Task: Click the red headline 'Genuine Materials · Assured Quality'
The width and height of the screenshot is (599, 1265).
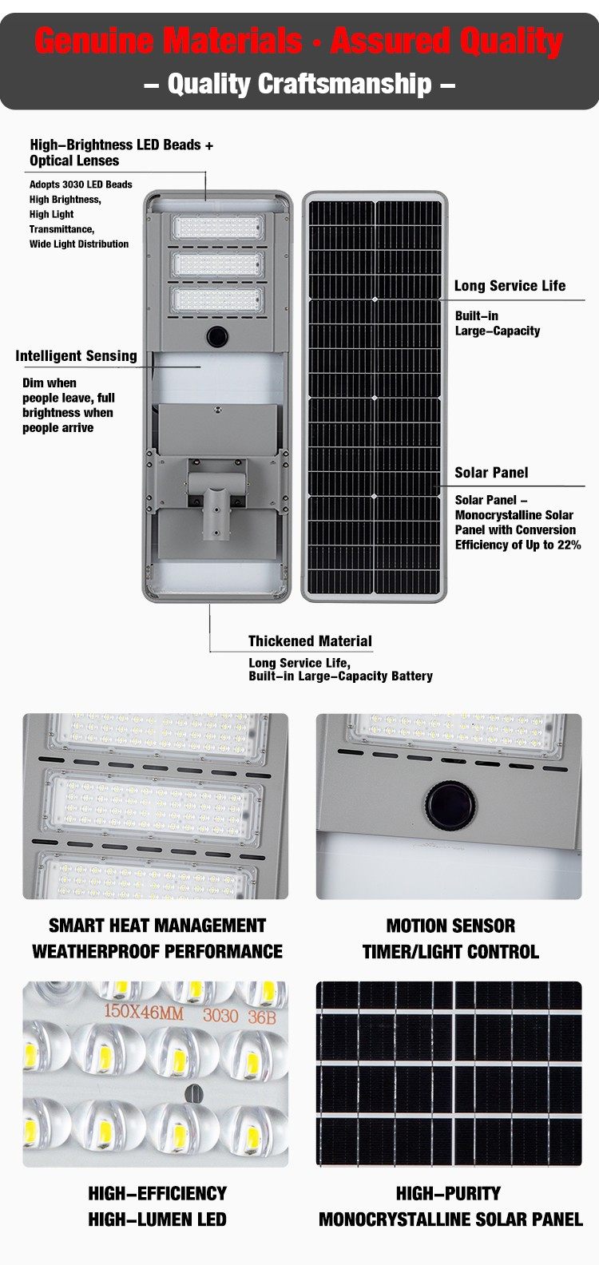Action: (x=299, y=42)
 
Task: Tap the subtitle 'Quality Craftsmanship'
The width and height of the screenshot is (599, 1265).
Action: (x=299, y=84)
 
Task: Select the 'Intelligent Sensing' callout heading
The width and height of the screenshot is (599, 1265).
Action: (x=76, y=356)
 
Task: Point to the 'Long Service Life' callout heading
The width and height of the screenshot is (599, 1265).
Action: (x=510, y=286)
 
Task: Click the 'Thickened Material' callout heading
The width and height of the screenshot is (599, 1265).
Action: (x=310, y=641)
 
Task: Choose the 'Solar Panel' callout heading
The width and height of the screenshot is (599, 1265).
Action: (x=491, y=473)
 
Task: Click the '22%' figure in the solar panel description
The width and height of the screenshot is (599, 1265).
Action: (x=569, y=545)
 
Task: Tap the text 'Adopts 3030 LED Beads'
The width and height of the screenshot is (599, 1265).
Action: (x=81, y=184)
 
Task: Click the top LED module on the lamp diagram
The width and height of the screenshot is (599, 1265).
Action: (x=218, y=228)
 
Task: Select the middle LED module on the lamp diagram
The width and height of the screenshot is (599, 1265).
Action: (x=218, y=264)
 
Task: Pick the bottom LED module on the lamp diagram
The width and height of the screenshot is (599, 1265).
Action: (x=218, y=299)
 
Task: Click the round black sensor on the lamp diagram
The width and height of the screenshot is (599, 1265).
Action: (x=217, y=336)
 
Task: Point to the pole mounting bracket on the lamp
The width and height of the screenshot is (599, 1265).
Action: (x=217, y=497)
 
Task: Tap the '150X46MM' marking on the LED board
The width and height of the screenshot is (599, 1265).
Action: (x=144, y=1012)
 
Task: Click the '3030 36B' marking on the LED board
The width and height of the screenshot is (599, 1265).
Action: (x=240, y=1015)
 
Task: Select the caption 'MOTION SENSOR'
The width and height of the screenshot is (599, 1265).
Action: (x=450, y=926)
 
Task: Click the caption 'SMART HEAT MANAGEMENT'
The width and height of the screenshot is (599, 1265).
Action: (x=157, y=926)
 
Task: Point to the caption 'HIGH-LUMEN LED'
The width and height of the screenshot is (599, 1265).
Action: (x=157, y=1219)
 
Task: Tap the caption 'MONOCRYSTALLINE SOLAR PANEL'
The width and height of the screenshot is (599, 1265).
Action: (x=450, y=1219)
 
